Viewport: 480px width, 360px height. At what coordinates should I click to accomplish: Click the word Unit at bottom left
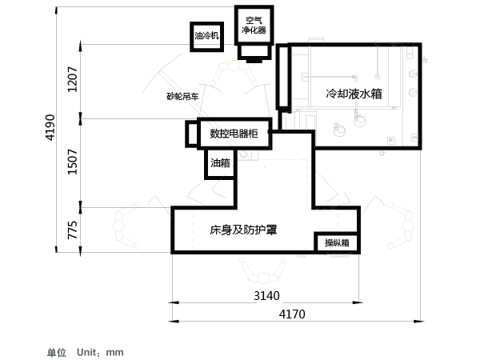tap(88, 352)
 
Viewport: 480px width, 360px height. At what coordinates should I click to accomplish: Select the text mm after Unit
tap(115, 352)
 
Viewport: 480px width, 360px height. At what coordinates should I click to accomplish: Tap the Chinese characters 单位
tap(56, 352)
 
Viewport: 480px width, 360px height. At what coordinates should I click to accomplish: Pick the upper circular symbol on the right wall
tap(413, 74)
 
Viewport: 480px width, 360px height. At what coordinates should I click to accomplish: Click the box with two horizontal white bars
tap(206, 35)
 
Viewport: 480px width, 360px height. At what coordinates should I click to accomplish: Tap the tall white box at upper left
tap(73, 82)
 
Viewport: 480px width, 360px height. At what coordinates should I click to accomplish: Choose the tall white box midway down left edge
tap(72, 164)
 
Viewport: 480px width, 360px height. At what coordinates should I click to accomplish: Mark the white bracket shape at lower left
tap(72, 230)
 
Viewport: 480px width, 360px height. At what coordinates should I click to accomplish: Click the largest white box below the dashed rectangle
tap(256, 228)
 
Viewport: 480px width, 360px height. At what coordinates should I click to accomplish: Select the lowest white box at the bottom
tap(300, 314)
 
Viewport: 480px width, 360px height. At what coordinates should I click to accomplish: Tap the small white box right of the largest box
tap(337, 242)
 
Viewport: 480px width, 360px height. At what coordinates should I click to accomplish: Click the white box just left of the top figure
tap(182, 96)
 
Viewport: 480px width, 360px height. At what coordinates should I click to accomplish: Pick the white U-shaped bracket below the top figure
tap(234, 132)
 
